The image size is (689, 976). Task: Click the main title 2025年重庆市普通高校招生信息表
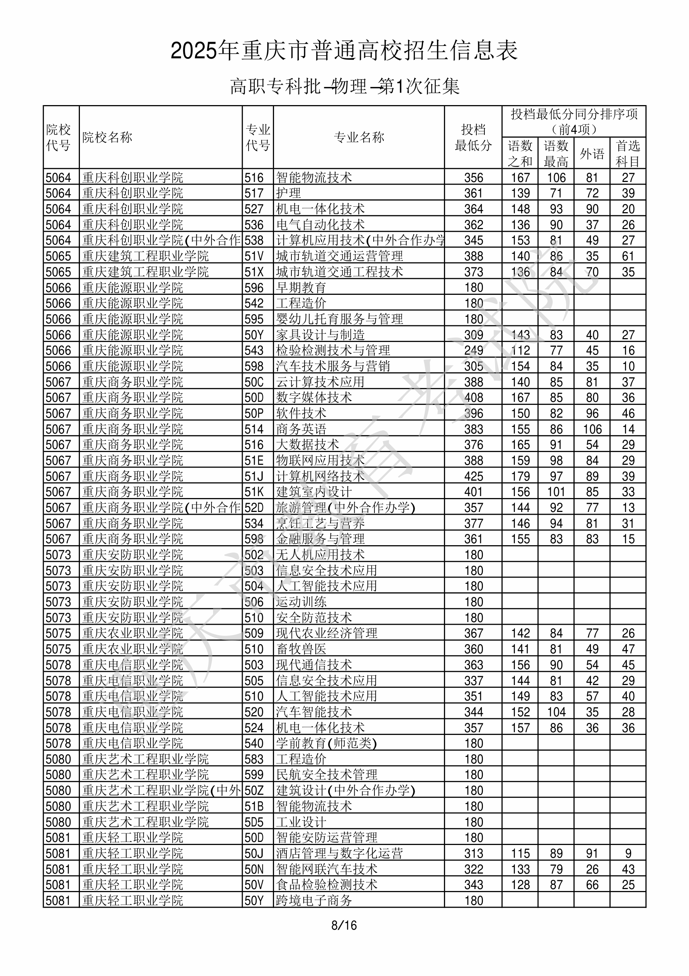tap(344, 51)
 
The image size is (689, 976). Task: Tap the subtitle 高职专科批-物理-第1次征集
tap(344, 86)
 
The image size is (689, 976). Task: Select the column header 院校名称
tap(107, 137)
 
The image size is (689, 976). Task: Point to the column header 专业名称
tap(359, 137)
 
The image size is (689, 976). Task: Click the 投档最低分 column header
tap(473, 137)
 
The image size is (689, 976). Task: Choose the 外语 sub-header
tap(592, 153)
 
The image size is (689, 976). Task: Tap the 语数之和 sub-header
tap(520, 153)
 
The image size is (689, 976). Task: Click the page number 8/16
tap(344, 925)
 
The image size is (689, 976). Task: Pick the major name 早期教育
tap(301, 288)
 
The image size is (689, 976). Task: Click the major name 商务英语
tap(301, 429)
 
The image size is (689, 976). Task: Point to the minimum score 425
tap(474, 476)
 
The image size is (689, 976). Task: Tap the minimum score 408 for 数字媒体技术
tap(474, 398)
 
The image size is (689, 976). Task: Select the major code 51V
tap(254, 256)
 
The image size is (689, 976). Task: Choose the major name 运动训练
tap(301, 602)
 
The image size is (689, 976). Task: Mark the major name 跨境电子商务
tap(313, 901)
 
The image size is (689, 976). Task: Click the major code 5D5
tap(254, 822)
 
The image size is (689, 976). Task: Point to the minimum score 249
tap(474, 351)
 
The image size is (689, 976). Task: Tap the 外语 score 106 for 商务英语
tap(592, 429)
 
